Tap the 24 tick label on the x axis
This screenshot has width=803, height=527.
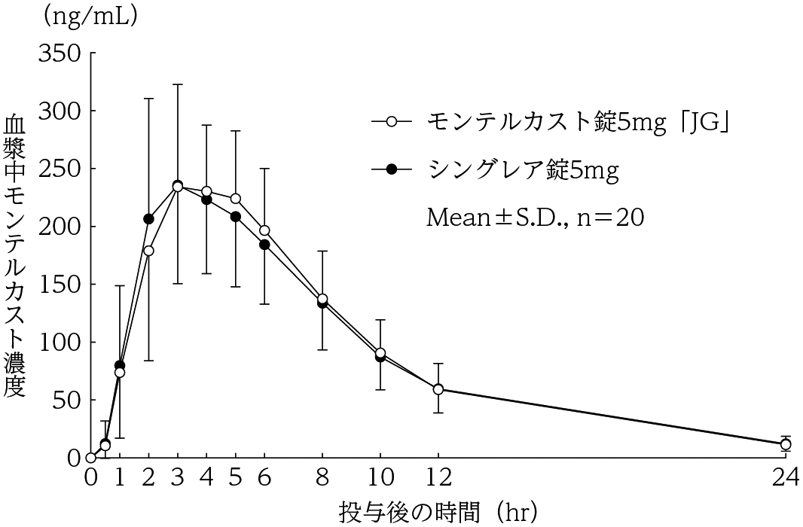pos(786,478)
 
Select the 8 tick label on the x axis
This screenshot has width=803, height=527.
pos(322,478)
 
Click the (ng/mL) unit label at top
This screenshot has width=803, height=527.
pos(90,17)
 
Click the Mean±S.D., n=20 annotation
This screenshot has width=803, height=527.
pos(535,218)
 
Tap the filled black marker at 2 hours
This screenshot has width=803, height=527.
pos(148,219)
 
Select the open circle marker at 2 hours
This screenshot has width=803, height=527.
pos(148,251)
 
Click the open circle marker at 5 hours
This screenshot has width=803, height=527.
pos(236,199)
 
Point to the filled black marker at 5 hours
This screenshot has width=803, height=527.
pos(236,217)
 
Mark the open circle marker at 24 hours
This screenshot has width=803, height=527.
pos(786,444)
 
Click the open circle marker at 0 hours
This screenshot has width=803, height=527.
pos(91,457)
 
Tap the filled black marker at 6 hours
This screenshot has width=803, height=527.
pos(264,245)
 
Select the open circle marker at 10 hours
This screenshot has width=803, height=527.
pos(380,353)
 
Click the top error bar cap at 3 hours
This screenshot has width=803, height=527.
pos(178,84)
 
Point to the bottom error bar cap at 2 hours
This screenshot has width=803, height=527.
pos(148,361)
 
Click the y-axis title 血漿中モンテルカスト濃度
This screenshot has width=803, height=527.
pos(15,256)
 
